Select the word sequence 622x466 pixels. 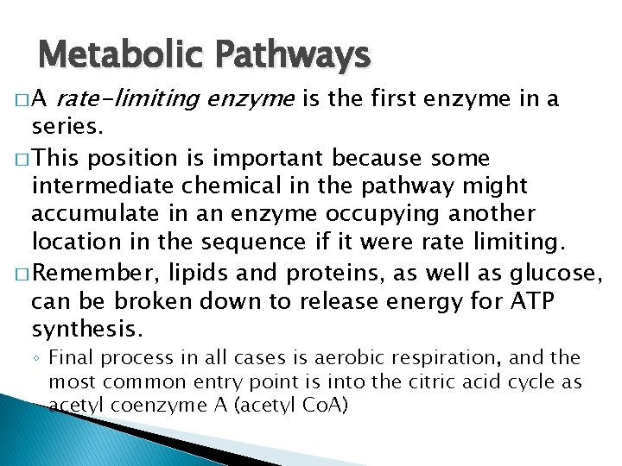(256, 241)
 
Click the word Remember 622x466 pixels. (99, 273)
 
